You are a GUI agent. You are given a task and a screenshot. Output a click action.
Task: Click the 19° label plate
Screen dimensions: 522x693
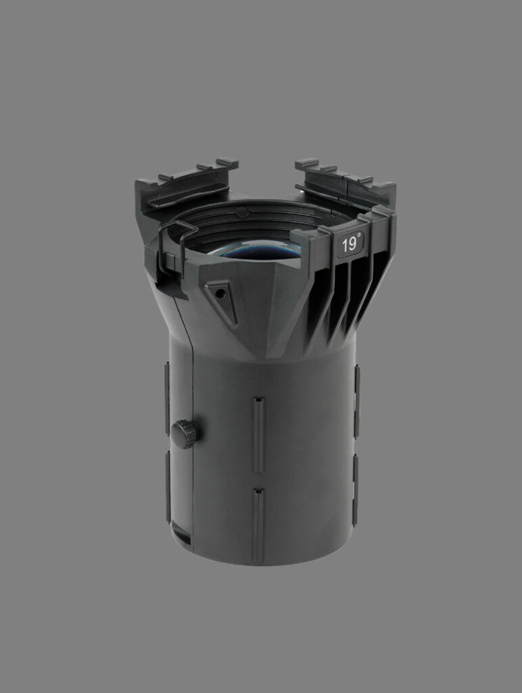tap(351, 244)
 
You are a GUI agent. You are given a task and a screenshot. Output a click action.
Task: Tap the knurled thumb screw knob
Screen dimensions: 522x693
tap(184, 434)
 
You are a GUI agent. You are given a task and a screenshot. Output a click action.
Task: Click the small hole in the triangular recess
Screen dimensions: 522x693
tap(222, 293)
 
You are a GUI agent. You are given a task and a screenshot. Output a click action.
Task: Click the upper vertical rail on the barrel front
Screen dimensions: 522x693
tap(259, 435)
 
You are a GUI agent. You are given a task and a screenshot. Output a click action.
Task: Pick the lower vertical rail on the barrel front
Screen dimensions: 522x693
tap(258, 526)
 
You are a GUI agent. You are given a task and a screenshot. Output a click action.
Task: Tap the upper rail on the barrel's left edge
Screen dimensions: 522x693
tap(168, 399)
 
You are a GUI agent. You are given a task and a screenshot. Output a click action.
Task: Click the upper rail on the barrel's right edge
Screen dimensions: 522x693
tap(357, 401)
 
